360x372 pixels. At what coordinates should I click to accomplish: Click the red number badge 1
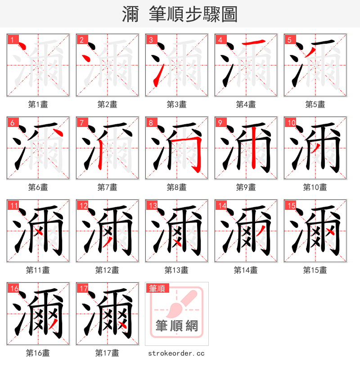pos(12,40)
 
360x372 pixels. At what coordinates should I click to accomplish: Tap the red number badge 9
pos(220,122)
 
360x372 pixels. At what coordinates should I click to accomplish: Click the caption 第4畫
pos(246,104)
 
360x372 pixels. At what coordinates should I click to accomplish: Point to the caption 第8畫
pos(176,187)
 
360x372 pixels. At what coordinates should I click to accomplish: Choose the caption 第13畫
pos(176,270)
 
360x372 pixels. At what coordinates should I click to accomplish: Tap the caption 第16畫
pos(38,353)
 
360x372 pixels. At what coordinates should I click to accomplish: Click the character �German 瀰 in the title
pos(130,14)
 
